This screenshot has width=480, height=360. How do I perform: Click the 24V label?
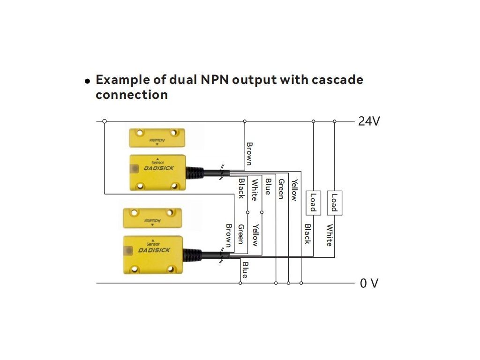click(x=369, y=121)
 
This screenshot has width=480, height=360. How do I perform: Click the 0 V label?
click(x=369, y=284)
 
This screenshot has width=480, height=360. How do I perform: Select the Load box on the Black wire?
click(x=313, y=203)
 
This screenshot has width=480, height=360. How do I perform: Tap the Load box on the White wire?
click(x=334, y=203)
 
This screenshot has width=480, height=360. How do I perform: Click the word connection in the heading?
click(x=132, y=95)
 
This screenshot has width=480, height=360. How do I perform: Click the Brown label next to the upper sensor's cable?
click(x=249, y=154)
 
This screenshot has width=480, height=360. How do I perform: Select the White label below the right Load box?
click(x=329, y=235)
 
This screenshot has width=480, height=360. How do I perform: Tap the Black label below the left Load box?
click(x=307, y=234)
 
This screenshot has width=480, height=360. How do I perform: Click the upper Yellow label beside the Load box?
click(x=294, y=190)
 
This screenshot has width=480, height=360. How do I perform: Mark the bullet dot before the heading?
click(x=87, y=81)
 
